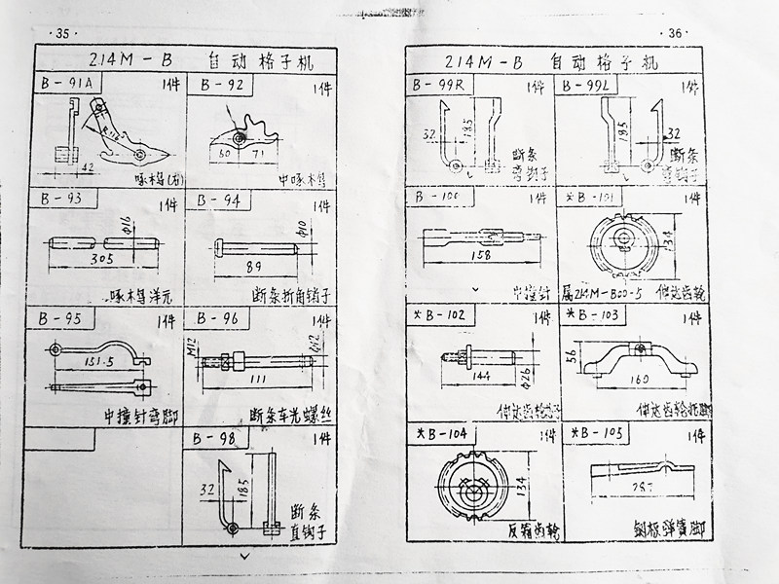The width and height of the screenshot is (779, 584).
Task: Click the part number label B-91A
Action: [67, 85]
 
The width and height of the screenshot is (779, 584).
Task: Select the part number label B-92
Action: [221, 85]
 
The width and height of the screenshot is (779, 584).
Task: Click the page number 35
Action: [64, 33]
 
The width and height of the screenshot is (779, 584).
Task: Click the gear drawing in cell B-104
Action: [474, 482]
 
